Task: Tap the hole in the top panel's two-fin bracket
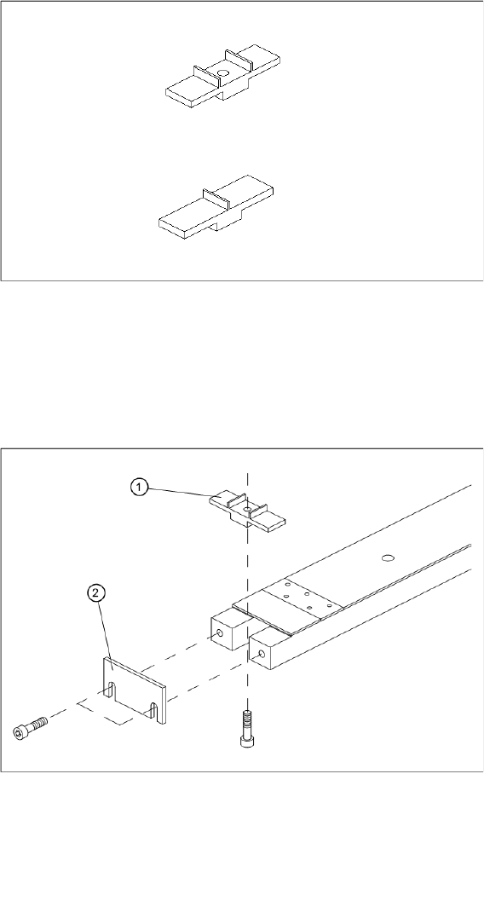(x=222, y=73)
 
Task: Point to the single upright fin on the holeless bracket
(x=216, y=199)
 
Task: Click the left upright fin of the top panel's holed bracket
(x=205, y=78)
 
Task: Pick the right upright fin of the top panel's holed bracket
(x=238, y=61)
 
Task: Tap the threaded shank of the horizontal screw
(x=37, y=723)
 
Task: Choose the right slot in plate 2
(x=153, y=713)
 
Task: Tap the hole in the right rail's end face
(x=262, y=654)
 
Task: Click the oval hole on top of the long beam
(x=389, y=557)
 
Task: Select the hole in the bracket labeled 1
(x=245, y=508)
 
